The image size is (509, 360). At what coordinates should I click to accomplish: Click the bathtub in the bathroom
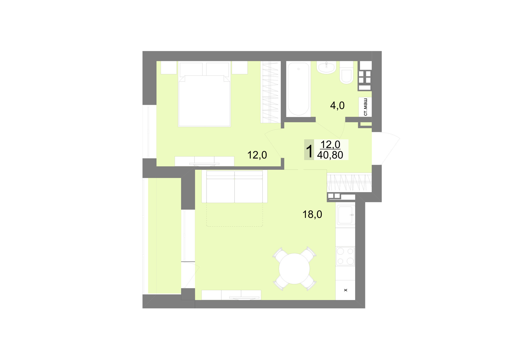point(299,89)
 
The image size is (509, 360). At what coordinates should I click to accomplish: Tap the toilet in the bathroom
point(346,72)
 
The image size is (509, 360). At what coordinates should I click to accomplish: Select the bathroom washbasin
point(326,67)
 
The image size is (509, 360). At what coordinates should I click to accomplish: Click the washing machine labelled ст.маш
point(365,107)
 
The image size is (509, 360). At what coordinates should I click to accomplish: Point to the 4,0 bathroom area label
point(337,106)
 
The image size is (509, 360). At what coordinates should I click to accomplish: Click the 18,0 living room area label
point(312,214)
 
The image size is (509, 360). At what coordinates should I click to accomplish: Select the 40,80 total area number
point(330,155)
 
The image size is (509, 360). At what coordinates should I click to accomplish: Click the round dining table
point(294,269)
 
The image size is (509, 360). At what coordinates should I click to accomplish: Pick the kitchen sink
point(345,215)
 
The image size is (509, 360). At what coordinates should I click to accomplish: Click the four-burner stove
point(345,256)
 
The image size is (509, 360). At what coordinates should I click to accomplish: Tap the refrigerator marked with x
point(345,290)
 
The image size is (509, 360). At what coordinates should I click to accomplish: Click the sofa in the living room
point(234,186)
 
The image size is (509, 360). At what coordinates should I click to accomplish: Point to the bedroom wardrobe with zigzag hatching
point(270,92)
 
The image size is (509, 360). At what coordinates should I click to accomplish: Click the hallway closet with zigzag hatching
point(349,182)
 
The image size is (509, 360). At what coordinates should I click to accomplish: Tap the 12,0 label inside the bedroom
point(257,155)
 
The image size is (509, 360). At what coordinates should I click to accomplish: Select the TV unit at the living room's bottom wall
point(231,295)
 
